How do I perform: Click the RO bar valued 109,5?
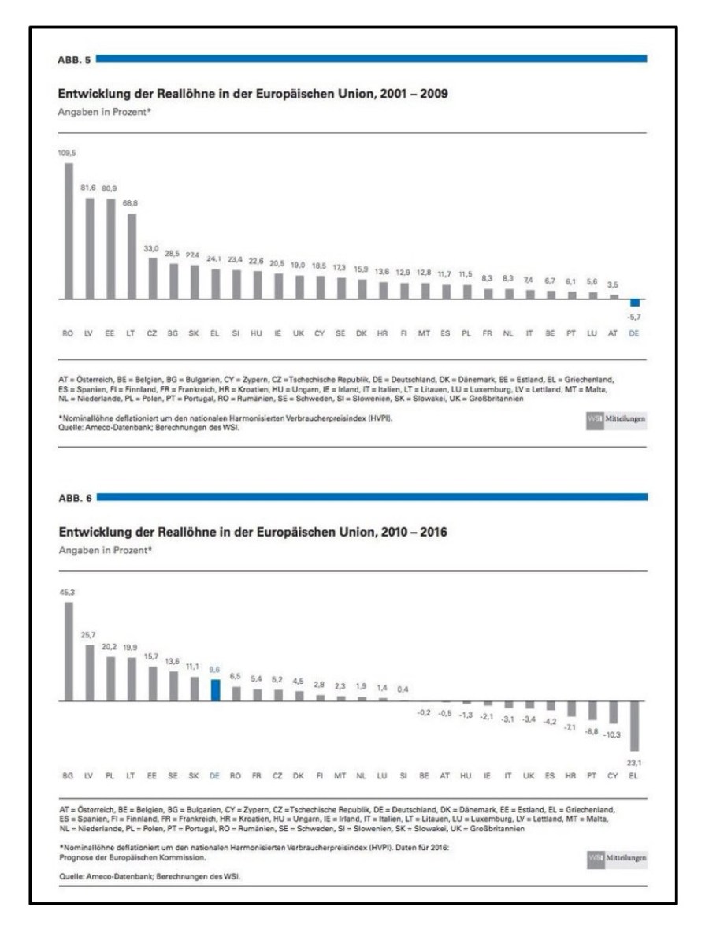pyautogui.click(x=68, y=232)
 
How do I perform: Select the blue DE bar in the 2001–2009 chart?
pyautogui.click(x=635, y=303)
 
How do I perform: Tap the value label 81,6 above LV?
pyautogui.click(x=89, y=188)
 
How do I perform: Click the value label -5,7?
pyautogui.click(x=635, y=318)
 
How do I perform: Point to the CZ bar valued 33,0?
pyautogui.click(x=151, y=279)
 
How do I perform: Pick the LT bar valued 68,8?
pyautogui.click(x=131, y=257)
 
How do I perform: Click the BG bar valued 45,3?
pyautogui.click(x=68, y=652)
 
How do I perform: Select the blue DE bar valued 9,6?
pyautogui.click(x=214, y=690)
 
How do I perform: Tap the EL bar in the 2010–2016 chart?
pyautogui.click(x=635, y=726)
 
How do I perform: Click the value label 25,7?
pyautogui.click(x=88, y=635)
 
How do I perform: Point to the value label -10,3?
pyautogui.click(x=614, y=734)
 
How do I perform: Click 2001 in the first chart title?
pyautogui.click(x=384, y=93)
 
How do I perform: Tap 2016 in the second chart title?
pyautogui.click(x=432, y=532)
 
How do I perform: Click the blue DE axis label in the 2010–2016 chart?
pyautogui.click(x=214, y=776)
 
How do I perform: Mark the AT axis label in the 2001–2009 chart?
pyautogui.click(x=614, y=334)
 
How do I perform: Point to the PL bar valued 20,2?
pyautogui.click(x=110, y=679)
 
